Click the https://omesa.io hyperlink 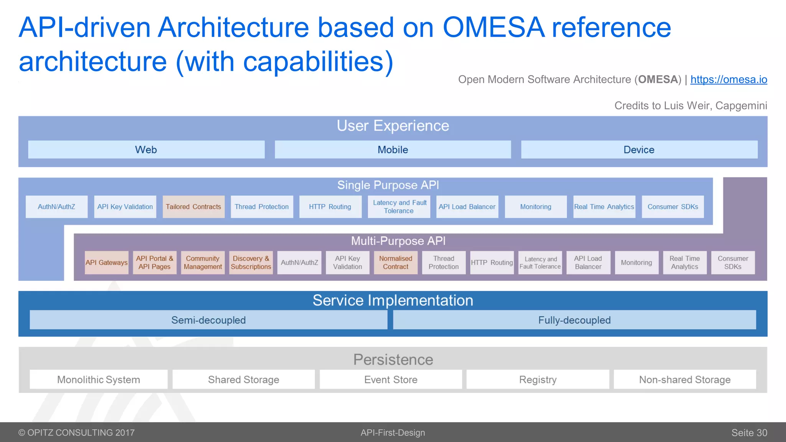[x=728, y=79]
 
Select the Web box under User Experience [x=146, y=150]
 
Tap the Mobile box [x=393, y=150]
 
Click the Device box [x=639, y=150]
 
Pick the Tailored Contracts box [x=193, y=207]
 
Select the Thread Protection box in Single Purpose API [x=262, y=207]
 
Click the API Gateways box [x=106, y=262]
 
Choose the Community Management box [x=203, y=262]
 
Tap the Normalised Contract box [x=396, y=262]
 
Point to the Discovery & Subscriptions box [x=251, y=262]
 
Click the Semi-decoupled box [x=208, y=320]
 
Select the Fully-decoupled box [x=574, y=320]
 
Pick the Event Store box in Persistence [x=391, y=379]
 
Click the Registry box [x=538, y=379]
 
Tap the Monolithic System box [x=99, y=379]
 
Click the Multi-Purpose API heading [x=398, y=241]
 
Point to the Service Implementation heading [x=393, y=300]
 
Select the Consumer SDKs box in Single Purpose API [x=673, y=207]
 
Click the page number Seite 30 [x=749, y=433]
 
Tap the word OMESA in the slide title [x=494, y=28]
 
